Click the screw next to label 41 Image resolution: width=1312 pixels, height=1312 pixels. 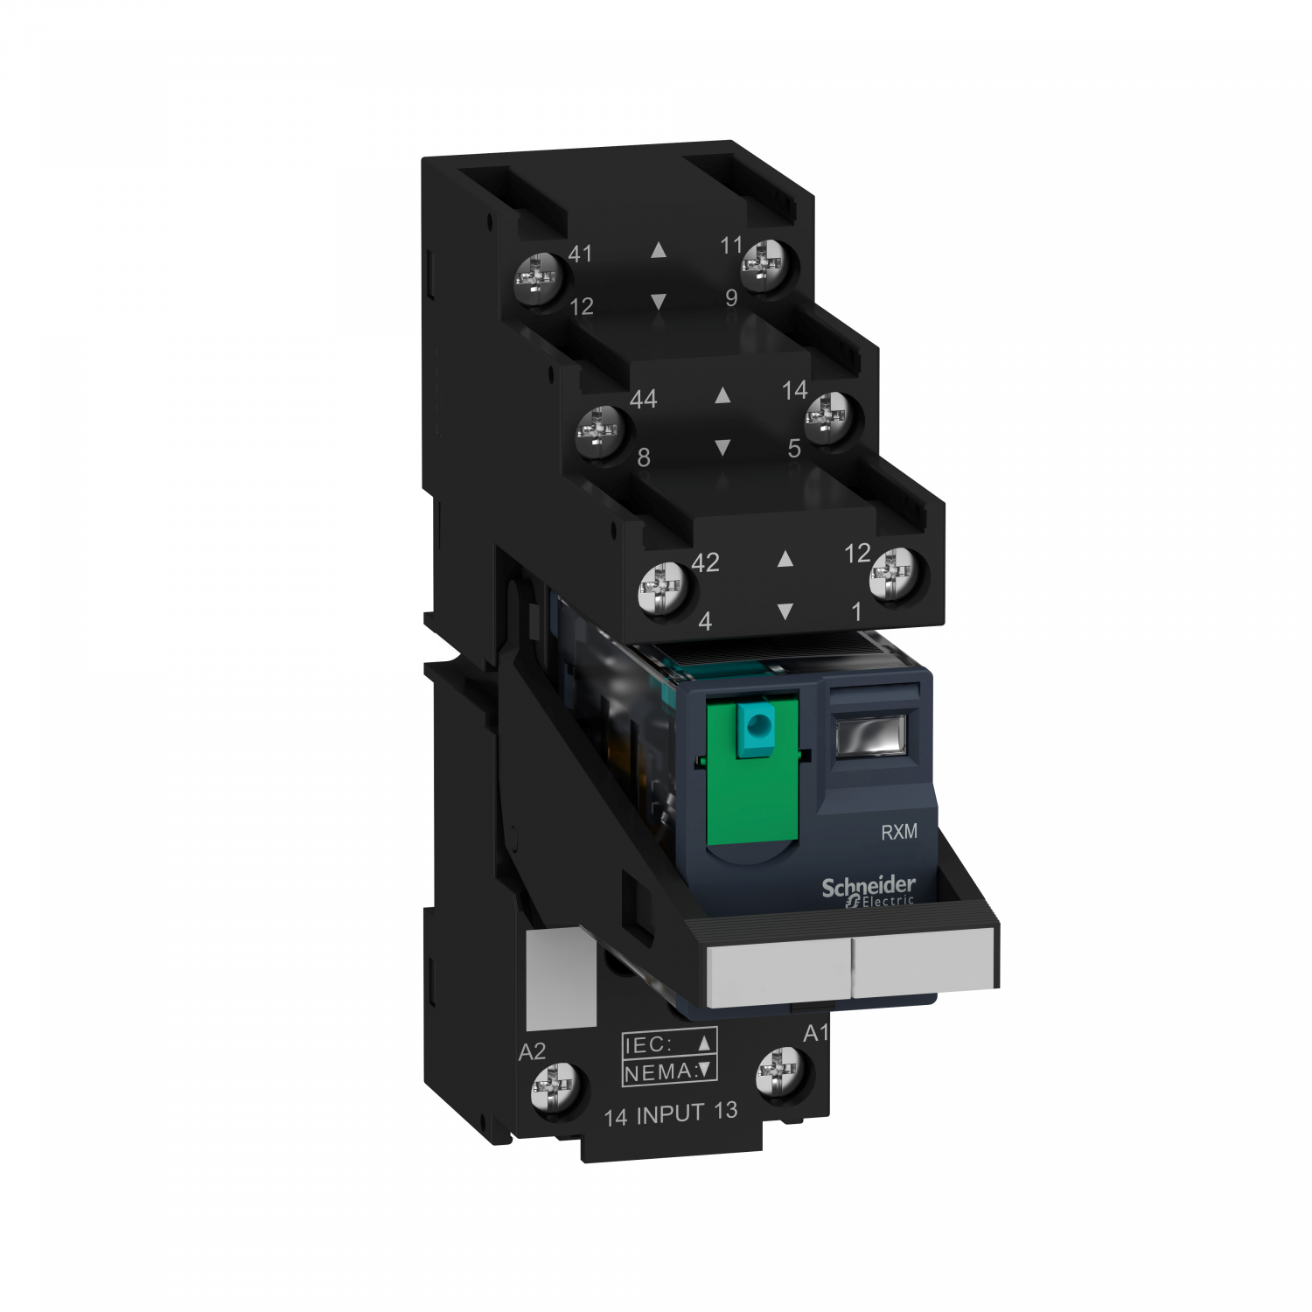(537, 279)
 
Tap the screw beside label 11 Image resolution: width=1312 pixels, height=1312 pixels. (766, 263)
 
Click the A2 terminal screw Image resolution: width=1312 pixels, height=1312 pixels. (555, 1089)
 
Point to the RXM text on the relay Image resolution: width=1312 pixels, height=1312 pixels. (898, 832)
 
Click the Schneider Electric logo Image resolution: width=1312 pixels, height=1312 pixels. (868, 891)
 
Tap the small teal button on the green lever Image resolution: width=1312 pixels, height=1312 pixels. (756, 723)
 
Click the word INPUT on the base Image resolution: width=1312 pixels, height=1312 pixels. (670, 1114)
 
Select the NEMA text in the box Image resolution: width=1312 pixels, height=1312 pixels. (657, 1071)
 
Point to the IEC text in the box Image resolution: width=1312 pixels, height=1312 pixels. (647, 1044)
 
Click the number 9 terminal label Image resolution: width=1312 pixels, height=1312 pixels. (731, 298)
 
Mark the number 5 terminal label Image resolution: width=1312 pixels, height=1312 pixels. (793, 449)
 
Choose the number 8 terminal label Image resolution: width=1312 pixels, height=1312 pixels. (644, 457)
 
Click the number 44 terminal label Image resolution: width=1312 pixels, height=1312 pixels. (643, 400)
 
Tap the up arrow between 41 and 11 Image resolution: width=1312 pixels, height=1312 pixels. (659, 251)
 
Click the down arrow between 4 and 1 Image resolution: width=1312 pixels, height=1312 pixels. (785, 611)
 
